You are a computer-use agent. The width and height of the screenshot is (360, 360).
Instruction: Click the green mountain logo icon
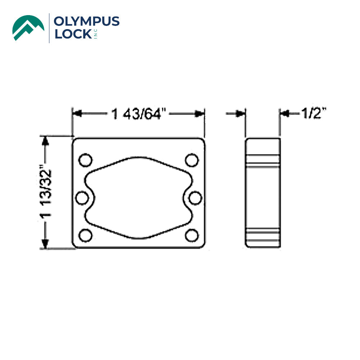28,27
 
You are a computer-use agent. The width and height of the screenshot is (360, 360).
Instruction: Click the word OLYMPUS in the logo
86,22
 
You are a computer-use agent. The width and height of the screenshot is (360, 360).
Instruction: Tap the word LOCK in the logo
72,34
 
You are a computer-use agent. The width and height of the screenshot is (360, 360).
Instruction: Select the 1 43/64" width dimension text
138,114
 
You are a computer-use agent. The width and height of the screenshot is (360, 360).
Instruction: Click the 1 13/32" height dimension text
46,192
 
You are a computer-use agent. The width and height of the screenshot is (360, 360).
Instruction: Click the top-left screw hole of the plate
85,160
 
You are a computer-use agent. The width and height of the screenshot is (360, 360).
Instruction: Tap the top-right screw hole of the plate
192,160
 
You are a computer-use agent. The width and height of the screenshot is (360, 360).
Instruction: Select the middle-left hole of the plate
83,198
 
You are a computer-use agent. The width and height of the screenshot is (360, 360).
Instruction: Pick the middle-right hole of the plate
195,198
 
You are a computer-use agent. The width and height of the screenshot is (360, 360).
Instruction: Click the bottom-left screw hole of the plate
85,235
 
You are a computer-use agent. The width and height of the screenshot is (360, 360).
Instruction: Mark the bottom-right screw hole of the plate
192,235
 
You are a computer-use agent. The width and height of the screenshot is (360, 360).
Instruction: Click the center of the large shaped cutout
139,198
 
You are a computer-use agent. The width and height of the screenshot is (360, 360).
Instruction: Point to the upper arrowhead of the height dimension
45,140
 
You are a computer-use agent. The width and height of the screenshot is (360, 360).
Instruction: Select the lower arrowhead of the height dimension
45,244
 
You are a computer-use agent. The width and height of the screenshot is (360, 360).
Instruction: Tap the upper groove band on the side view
262,161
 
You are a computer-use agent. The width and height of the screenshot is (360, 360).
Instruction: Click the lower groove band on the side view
262,234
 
